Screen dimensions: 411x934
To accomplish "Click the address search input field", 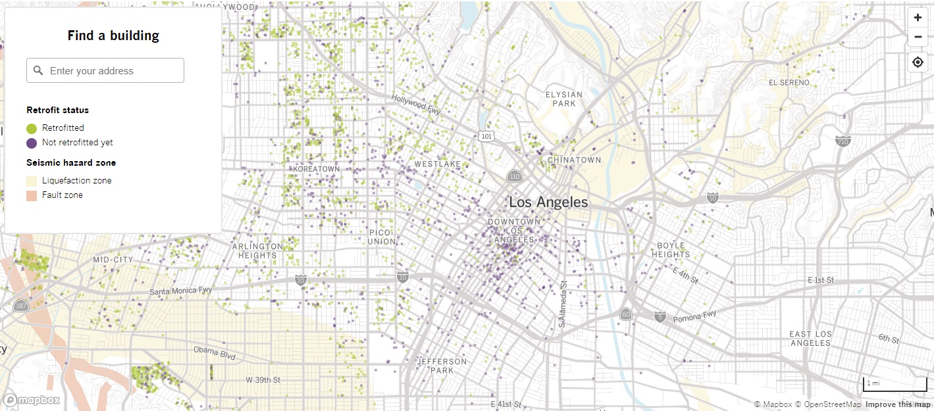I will pos(105,71).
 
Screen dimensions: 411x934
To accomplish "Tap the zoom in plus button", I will pos(918,18).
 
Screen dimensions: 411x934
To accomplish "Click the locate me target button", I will pos(918,62).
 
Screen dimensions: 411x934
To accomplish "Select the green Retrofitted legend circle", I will pos(32,128).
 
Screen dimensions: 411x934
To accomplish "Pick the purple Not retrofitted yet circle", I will pos(32,143).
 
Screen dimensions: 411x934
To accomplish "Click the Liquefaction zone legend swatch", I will pos(32,181).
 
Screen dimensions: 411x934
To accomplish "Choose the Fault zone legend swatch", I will pos(32,195).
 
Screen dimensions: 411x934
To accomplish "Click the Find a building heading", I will pos(113,36).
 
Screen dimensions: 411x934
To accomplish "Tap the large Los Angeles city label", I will pos(548,202).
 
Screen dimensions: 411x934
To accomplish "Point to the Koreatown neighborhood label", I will pos(317,169).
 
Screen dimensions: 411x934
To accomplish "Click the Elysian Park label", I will pos(564,99).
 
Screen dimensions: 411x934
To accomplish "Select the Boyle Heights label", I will pos(671,250).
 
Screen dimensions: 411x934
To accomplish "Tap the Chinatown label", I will pos(575,160).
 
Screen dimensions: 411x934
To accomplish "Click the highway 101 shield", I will pos(486,136).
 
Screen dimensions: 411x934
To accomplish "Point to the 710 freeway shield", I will pos(843,141).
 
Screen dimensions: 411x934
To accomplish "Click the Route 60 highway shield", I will pos(625,315).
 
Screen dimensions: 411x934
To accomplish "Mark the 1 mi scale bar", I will pos(895,384).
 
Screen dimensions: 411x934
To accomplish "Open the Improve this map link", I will pos(898,404).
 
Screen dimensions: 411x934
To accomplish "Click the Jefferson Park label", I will pos(442,366).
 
